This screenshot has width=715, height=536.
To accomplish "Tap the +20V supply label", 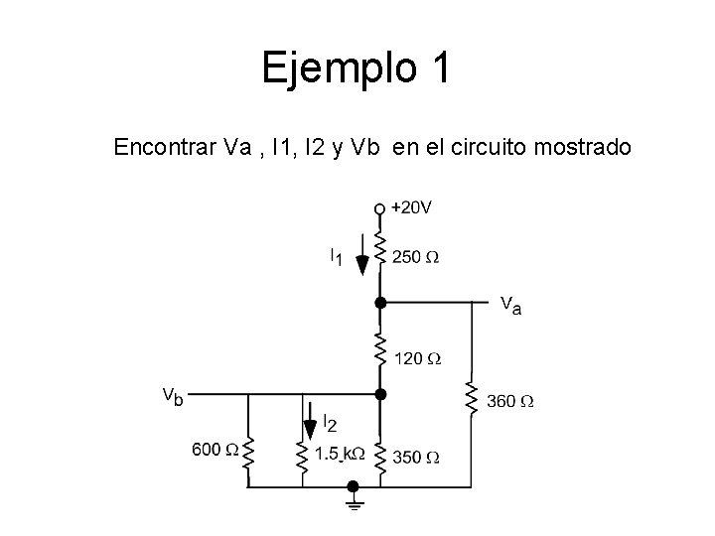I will pos(411,207).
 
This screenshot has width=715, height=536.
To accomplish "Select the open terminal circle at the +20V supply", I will pos(378,208).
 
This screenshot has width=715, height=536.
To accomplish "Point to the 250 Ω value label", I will pos(415,257).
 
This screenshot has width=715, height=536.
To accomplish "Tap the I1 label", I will pos(336,257).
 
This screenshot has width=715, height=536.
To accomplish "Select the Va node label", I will pos(510,303).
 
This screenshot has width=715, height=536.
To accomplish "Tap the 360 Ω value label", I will pos(510,402).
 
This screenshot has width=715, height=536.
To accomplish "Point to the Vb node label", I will pos(173,395).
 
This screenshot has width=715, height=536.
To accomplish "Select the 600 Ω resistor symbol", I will pos(247,458).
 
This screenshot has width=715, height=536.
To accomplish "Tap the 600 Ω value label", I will pos(214,450).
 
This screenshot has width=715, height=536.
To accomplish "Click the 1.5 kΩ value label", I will pos(340,455).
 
